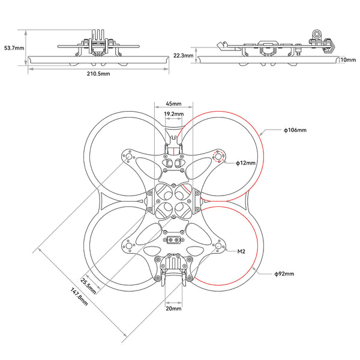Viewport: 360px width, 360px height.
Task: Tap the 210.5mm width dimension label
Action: [98, 74]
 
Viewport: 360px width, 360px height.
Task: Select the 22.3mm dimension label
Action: [183, 55]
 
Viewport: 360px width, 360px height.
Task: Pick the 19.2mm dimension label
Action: [173, 113]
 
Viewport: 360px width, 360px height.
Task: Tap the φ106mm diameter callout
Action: [295, 130]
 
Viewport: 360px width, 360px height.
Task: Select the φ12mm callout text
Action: [246, 163]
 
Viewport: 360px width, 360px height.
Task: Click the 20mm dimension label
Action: [173, 308]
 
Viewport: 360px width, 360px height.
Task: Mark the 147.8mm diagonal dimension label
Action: [78, 298]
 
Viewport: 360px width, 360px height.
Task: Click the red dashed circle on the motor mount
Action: [219, 157]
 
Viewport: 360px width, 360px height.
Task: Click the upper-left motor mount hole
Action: [128, 157]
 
